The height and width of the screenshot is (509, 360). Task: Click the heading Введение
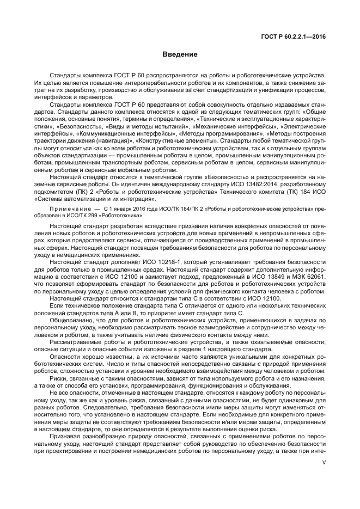coord(180,54)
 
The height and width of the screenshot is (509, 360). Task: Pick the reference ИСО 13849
coord(265,277)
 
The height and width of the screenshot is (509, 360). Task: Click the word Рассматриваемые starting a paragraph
coord(76,342)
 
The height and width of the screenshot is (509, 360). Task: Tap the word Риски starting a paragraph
coord(59,378)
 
